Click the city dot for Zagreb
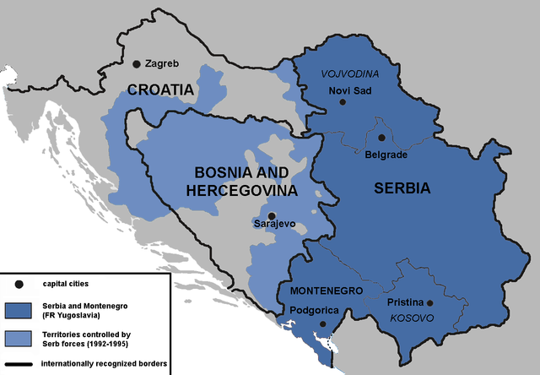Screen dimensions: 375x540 point(137,64)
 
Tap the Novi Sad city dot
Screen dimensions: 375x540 point(343,102)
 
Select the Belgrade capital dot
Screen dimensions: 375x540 point(381,138)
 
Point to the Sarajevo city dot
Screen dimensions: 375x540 point(271,215)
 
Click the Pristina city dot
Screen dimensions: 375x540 point(429,303)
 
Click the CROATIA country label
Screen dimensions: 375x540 point(161,90)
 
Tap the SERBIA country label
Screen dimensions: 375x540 point(402,188)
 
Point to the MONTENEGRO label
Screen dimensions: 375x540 point(327,291)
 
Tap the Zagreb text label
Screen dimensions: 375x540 point(162,64)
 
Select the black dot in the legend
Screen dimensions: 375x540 point(18,284)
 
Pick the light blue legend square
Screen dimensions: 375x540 point(18,340)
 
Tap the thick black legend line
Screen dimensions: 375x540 point(18,364)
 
